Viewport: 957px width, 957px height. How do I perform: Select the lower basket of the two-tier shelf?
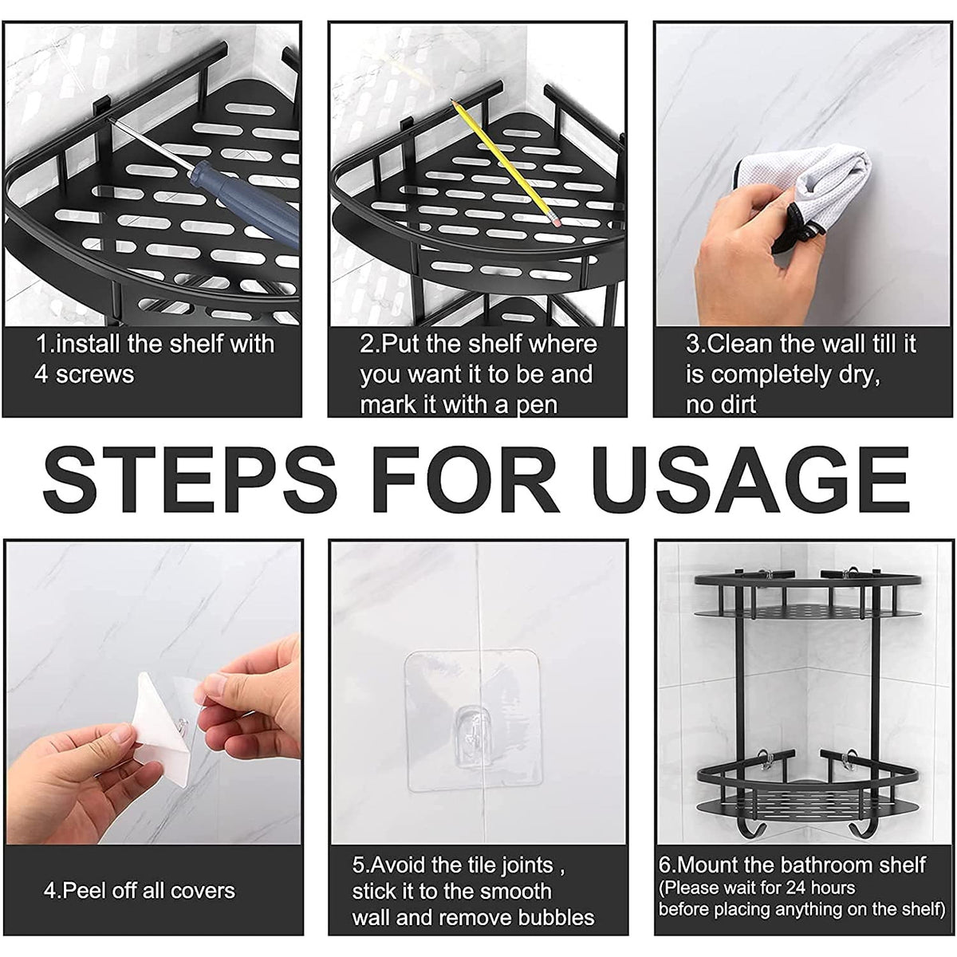tap(805, 786)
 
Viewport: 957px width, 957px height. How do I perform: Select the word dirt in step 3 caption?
tap(732, 404)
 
